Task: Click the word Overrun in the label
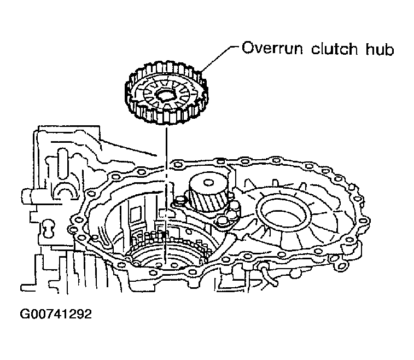click(x=272, y=48)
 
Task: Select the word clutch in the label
click(x=334, y=49)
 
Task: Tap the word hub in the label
click(x=380, y=49)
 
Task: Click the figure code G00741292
click(x=56, y=314)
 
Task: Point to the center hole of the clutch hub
click(x=166, y=95)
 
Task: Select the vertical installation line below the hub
click(x=166, y=195)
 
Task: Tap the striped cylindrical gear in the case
click(x=208, y=193)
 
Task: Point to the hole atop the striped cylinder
click(x=208, y=182)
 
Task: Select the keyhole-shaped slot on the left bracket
click(x=48, y=228)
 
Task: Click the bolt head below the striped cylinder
click(x=221, y=221)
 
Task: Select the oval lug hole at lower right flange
click(x=340, y=265)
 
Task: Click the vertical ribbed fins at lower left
click(x=87, y=272)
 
